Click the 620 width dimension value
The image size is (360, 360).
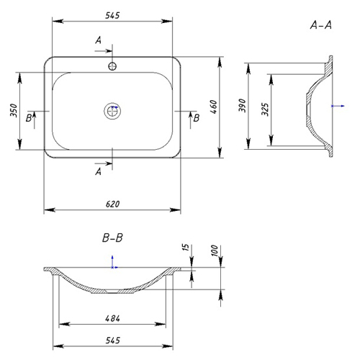point(112,204)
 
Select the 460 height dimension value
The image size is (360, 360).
point(214,107)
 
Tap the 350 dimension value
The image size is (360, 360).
point(14,110)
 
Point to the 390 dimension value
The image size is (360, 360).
point(243,105)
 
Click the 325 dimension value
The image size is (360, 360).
point(265,109)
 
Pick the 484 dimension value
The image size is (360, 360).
point(112,318)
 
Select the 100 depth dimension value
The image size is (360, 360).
point(215,251)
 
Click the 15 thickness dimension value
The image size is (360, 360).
point(186,248)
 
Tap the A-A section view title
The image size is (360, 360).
point(321,25)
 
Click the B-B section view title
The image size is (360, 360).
point(112,238)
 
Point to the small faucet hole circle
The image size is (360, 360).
point(112,66)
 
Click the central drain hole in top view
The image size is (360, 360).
point(112,111)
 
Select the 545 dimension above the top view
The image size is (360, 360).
point(112,16)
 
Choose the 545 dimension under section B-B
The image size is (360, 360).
point(112,341)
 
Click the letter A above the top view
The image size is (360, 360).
point(98,40)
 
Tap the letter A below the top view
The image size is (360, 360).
point(98,171)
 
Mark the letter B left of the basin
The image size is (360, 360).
point(29,118)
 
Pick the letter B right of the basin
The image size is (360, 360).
point(197,118)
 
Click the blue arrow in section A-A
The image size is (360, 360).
point(338,106)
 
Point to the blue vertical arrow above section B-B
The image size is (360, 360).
point(112,262)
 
